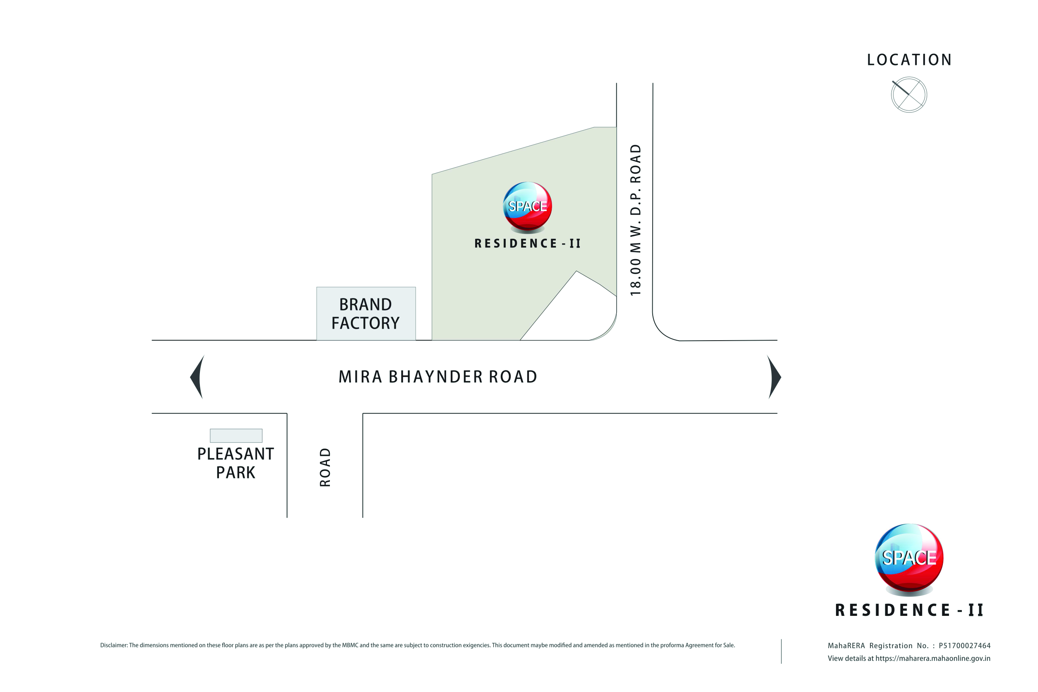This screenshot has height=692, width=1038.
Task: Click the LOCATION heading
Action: pos(909,60)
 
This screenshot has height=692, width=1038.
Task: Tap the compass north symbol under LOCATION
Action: pos(909,94)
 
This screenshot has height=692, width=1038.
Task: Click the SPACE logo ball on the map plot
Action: pos(527,206)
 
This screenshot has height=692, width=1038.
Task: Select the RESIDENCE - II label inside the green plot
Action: pos(527,244)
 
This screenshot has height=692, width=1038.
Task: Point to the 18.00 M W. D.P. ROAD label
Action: pos(636,220)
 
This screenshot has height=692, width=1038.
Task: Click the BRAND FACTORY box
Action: pos(366,314)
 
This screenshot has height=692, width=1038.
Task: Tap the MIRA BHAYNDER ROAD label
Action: pos(438,377)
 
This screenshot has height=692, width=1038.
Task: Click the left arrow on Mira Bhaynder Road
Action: pos(197,377)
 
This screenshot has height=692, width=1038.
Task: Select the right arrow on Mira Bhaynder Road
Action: pos(774,377)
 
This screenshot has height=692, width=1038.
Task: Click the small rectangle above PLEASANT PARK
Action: pos(236,435)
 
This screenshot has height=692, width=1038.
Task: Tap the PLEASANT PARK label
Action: pos(235,463)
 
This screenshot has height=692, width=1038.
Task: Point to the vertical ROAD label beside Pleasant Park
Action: pos(325,467)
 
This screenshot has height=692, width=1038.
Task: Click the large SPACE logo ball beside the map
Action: pos(909,558)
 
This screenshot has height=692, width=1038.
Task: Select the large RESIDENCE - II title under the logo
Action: pos(909,610)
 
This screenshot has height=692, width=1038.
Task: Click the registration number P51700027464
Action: pos(964,646)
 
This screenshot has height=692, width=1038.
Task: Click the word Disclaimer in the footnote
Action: pos(113,645)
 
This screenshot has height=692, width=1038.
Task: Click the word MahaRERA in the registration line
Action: pos(846,646)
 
